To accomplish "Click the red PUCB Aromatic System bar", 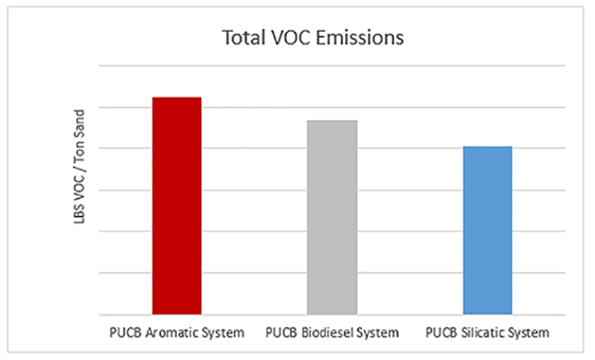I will pyautogui.click(x=177, y=206).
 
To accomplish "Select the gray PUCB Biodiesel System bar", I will pyautogui.click(x=332, y=218).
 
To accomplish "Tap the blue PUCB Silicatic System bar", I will pyautogui.click(x=487, y=231).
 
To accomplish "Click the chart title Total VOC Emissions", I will pyautogui.click(x=313, y=37).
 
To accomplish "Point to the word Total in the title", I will pyautogui.click(x=239, y=37).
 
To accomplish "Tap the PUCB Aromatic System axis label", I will pyautogui.click(x=177, y=334).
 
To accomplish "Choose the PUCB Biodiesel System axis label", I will pyautogui.click(x=332, y=334).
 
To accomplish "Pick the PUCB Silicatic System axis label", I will pyautogui.click(x=487, y=334).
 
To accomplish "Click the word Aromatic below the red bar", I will pyautogui.click(x=175, y=334).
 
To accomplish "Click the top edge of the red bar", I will pyautogui.click(x=177, y=98).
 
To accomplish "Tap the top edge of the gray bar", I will pyautogui.click(x=332, y=121).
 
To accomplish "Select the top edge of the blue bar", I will pyautogui.click(x=487, y=146).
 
